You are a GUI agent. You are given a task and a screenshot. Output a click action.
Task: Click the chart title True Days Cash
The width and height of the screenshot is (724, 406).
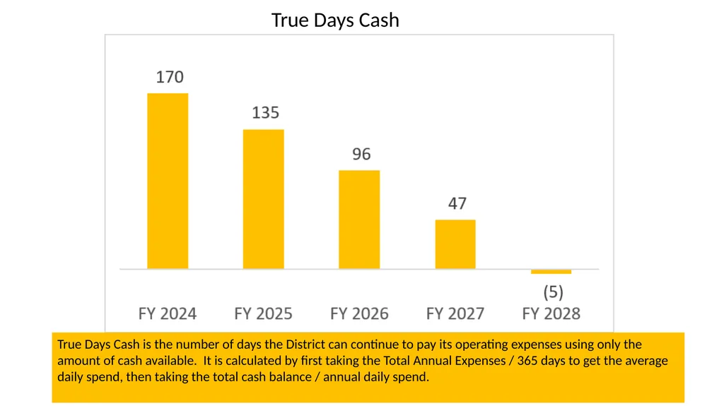point(335,20)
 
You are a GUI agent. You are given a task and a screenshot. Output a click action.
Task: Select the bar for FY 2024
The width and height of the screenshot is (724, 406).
point(168,181)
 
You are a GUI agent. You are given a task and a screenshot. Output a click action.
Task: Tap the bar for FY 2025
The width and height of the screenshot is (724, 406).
point(264,199)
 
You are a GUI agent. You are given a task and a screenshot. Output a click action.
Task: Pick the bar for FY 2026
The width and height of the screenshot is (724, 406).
point(359,220)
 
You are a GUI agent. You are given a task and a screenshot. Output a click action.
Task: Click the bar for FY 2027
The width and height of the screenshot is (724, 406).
point(455,244)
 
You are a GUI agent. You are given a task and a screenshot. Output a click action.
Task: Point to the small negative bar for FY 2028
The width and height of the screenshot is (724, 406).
point(551,271)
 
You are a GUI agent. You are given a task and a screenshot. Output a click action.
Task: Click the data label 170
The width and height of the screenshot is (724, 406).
point(170,76)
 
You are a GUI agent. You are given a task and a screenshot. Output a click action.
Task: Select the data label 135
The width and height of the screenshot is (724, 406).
point(266,112)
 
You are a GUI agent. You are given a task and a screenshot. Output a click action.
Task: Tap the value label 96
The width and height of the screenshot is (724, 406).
point(361,154)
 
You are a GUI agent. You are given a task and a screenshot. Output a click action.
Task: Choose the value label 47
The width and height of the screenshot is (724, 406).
point(457,203)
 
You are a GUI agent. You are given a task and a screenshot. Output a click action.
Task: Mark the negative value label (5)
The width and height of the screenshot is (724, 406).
point(553,292)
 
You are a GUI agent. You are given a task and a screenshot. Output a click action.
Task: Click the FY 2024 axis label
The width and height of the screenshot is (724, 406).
point(168,314)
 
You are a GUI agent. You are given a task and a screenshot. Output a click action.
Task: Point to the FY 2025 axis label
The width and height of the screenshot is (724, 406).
point(263,314)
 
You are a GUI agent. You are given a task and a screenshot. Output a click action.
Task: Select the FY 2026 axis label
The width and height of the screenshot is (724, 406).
point(359,314)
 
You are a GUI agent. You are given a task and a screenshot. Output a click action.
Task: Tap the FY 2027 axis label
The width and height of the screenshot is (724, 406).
point(455,314)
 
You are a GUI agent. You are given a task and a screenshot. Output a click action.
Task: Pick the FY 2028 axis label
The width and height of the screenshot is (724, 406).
point(551,314)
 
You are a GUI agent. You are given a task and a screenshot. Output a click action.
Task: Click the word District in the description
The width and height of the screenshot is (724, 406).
point(303,345)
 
